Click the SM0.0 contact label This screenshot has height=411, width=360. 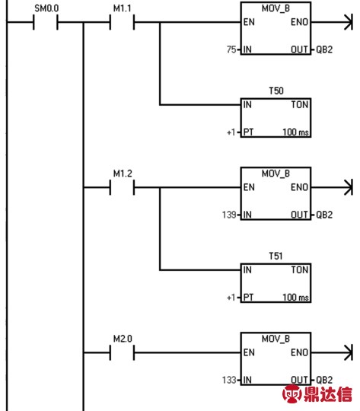click(46, 8)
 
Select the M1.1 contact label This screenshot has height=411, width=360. click(123, 8)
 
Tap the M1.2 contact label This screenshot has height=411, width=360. click(123, 174)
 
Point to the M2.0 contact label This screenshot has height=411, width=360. click(123, 339)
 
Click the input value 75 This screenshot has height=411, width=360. click(231, 49)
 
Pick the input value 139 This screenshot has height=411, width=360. click(229, 215)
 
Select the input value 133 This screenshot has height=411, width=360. click(229, 380)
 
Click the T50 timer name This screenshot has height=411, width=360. click(276, 91)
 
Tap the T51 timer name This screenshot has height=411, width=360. click(276, 256)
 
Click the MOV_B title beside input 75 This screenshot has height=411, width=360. click(276, 8)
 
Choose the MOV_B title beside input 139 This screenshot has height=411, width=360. click(276, 174)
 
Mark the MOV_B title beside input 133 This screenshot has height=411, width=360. click(276, 339)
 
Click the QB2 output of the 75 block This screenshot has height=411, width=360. click(324, 49)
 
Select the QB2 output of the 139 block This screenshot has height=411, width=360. click(324, 215)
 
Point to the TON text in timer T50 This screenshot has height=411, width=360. click(299, 104)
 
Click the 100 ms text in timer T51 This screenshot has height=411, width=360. click(295, 298)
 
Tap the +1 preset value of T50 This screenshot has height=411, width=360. click(231, 132)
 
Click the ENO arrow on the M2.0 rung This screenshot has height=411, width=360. click(332, 352)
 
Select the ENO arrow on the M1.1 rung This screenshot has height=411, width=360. click(332, 22)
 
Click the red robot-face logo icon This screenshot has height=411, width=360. click(292, 393)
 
